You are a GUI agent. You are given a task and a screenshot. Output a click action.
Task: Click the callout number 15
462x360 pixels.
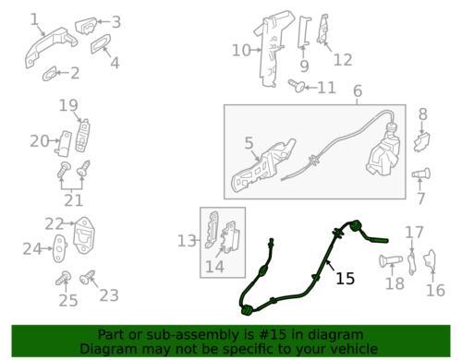345,279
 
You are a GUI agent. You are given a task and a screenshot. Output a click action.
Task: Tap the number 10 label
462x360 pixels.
241,50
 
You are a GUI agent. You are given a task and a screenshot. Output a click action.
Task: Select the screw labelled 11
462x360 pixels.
297,86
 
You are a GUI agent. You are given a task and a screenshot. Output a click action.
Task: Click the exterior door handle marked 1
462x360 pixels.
50,46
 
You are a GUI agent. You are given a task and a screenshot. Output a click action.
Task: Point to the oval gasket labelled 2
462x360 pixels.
50,73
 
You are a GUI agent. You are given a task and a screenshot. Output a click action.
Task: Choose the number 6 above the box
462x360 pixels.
358,91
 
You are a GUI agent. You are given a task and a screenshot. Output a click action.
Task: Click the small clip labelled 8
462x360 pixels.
422,141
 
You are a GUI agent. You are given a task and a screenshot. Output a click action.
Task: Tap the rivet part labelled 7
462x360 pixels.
421,174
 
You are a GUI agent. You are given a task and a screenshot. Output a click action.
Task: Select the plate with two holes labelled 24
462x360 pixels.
60,248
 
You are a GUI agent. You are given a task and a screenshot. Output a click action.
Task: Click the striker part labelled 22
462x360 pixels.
84,235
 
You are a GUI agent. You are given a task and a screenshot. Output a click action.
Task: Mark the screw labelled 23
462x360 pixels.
88,278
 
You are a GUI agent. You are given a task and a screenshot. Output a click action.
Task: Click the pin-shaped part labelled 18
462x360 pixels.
391,261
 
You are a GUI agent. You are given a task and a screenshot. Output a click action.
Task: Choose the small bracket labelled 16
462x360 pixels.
431,260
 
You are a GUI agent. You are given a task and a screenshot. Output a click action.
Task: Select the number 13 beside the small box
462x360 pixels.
187,241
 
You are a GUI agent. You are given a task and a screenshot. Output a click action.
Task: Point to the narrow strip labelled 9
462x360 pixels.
304,32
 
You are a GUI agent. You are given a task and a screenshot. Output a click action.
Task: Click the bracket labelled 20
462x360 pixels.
63,143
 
